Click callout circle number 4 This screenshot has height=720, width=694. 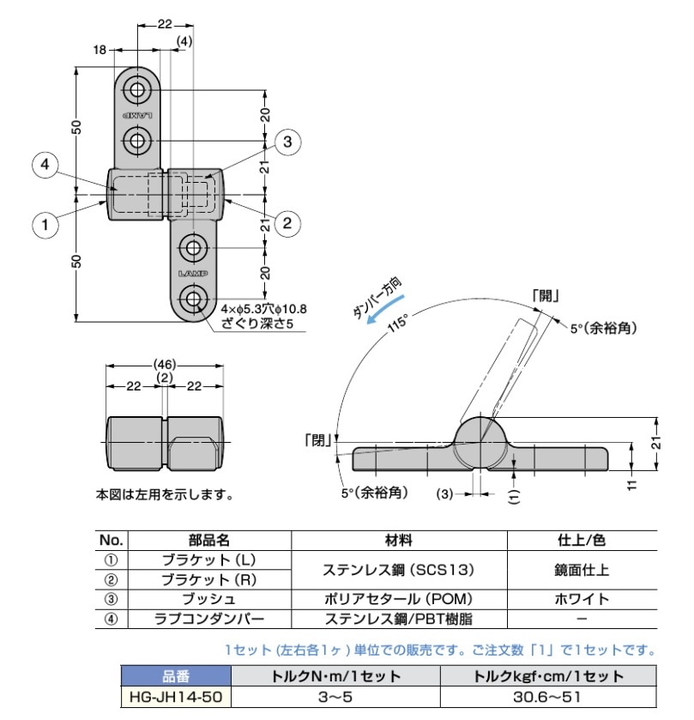point(47,166)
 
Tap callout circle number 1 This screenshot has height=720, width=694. point(45,226)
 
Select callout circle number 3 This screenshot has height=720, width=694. point(287,142)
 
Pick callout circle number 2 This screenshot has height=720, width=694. point(287,225)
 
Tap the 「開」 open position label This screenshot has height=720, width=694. point(546,297)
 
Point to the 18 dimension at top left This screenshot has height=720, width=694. point(100,51)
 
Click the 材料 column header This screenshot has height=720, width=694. point(399,541)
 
